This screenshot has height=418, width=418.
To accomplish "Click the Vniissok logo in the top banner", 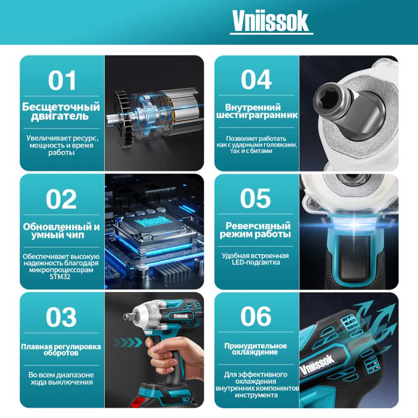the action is [271, 21].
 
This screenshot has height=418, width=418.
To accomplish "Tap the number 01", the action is [62, 81].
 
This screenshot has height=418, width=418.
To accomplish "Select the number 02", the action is [61, 199].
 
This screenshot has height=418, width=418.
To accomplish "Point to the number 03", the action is [61, 317].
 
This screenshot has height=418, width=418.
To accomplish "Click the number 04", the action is [256, 79].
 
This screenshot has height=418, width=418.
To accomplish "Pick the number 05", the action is [255, 198].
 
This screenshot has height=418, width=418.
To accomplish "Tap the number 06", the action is [256, 316].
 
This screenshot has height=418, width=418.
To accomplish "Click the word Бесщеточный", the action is [61, 107].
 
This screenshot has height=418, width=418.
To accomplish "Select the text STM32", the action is [60, 277].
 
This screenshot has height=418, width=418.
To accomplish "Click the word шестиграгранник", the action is [257, 115].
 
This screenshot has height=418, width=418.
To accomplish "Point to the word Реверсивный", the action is [258, 226].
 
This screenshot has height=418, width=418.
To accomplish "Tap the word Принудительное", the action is [255, 346].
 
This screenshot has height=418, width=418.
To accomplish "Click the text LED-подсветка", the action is [256, 263].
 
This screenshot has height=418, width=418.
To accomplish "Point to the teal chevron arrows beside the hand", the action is [127, 342].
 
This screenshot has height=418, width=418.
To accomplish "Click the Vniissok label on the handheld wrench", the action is [181, 316].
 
